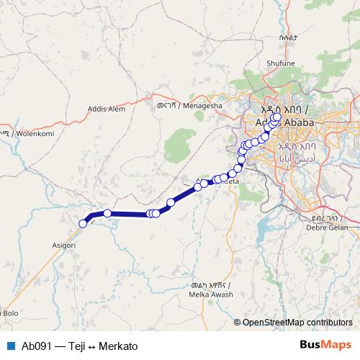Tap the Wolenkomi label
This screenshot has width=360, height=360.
pos(26,133)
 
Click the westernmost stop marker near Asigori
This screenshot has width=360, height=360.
pos(83,223)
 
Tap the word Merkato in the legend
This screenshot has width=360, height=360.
pos(117,346)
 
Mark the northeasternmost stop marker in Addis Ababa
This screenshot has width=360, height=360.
pos(277,116)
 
